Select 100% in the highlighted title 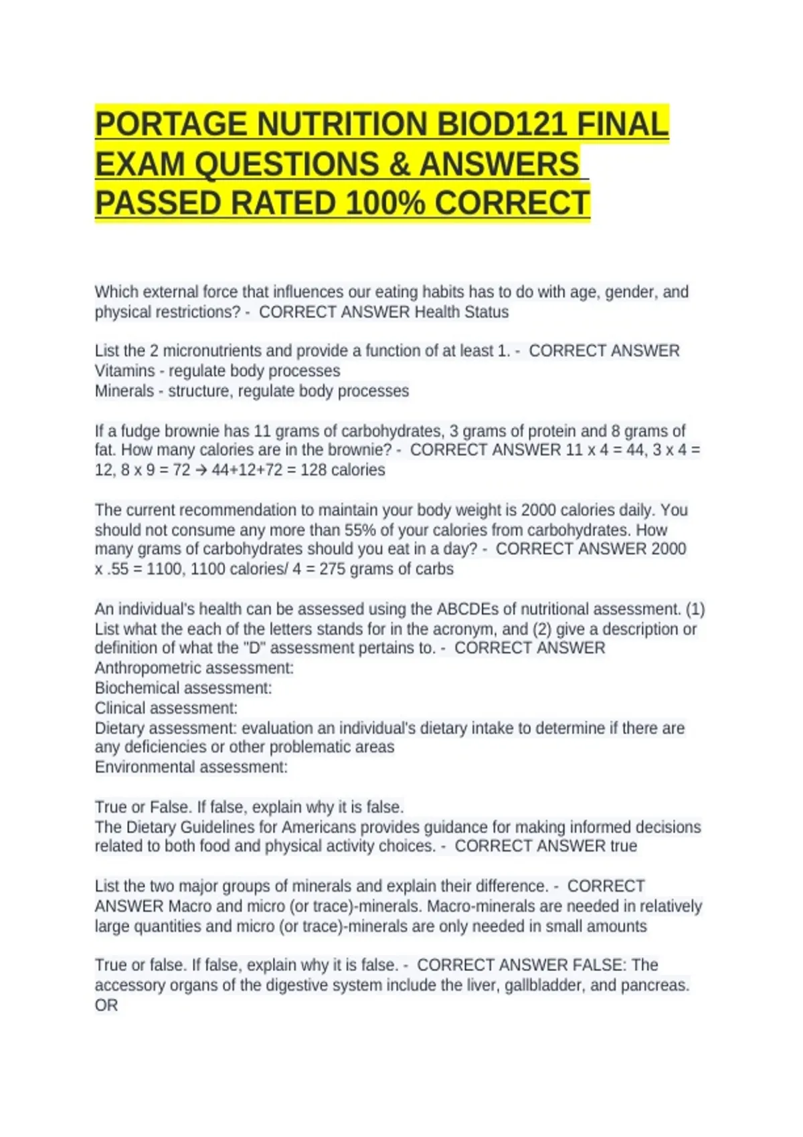click(385, 203)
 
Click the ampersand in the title click(399, 165)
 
